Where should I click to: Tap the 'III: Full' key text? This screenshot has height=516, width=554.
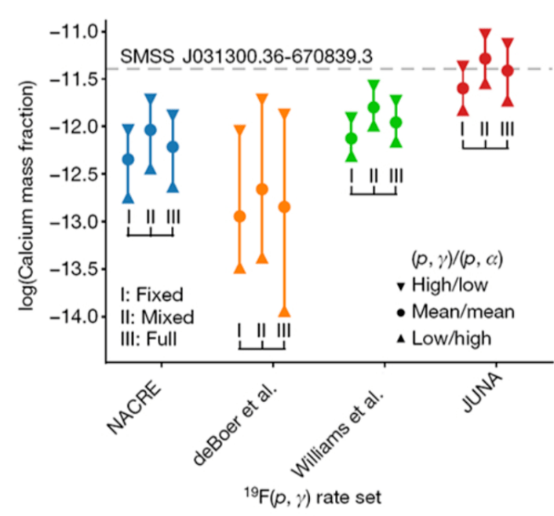click(x=149, y=339)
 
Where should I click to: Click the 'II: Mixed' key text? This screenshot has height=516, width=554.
click(x=156, y=317)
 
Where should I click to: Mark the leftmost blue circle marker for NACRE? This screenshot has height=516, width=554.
click(x=128, y=159)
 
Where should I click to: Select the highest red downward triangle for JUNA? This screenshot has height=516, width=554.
click(x=486, y=34)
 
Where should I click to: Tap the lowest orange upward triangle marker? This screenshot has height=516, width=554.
click(x=284, y=312)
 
